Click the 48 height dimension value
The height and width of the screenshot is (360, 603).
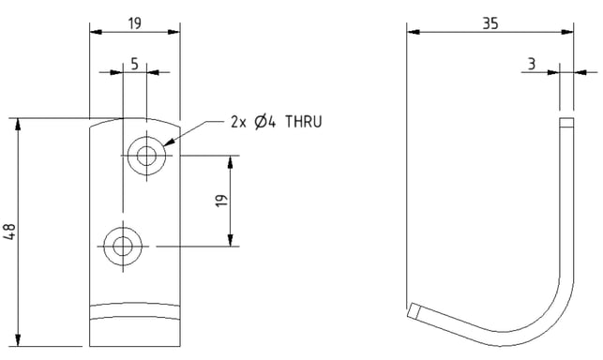9,232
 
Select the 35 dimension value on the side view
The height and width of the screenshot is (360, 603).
490,23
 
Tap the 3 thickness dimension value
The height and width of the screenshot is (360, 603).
532,64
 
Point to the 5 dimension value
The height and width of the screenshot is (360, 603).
134,64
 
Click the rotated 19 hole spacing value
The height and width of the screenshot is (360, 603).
221,201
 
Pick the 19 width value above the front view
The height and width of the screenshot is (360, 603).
135,23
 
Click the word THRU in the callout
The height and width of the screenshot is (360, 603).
304,122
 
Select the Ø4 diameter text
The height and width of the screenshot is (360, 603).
265,122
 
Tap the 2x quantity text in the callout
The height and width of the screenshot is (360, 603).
238,122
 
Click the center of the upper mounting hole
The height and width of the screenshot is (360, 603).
146,156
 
